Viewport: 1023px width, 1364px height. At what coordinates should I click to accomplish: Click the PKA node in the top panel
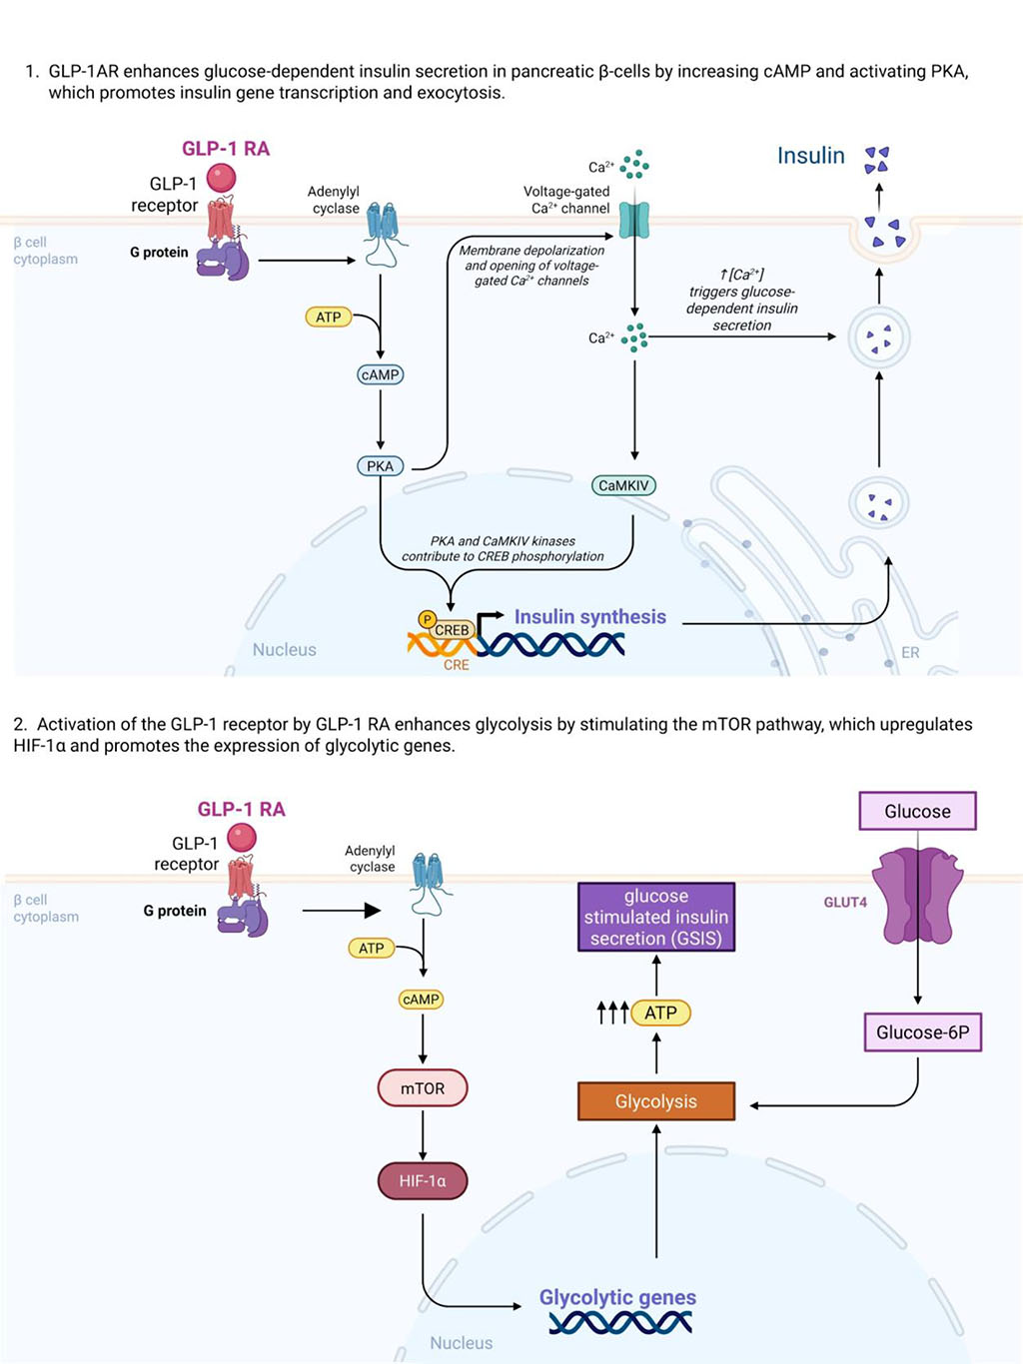click(380, 466)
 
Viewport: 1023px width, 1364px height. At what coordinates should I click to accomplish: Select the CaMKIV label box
click(623, 486)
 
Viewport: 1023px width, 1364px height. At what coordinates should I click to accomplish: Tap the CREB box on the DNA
click(452, 630)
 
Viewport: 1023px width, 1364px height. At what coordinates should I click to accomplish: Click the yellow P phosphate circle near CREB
click(427, 620)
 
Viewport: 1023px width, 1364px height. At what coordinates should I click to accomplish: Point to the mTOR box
click(423, 1088)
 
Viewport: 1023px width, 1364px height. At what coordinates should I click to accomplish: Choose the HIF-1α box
click(423, 1181)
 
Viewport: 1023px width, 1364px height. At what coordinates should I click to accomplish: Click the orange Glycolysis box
click(656, 1101)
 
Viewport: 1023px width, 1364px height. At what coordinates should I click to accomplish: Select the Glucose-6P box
click(922, 1032)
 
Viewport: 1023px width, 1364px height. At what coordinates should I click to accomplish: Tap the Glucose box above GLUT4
click(917, 811)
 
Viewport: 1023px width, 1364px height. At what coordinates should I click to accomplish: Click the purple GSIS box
click(656, 917)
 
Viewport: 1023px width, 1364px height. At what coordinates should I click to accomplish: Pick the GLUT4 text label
click(845, 902)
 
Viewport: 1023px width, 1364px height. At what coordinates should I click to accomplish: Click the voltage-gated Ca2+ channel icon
click(634, 220)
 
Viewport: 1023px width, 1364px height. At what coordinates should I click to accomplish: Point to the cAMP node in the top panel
click(380, 374)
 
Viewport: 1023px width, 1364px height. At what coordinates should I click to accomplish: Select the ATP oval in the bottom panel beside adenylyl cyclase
click(372, 948)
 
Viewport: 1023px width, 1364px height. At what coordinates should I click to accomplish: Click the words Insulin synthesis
click(589, 617)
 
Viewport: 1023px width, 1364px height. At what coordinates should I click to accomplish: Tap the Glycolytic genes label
click(617, 1297)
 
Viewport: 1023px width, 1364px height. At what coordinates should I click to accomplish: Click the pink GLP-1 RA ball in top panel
click(221, 178)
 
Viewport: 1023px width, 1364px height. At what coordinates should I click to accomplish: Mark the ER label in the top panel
click(910, 652)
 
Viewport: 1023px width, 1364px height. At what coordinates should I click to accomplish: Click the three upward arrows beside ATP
click(611, 1013)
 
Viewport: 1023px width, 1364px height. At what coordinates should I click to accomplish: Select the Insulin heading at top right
click(811, 156)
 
